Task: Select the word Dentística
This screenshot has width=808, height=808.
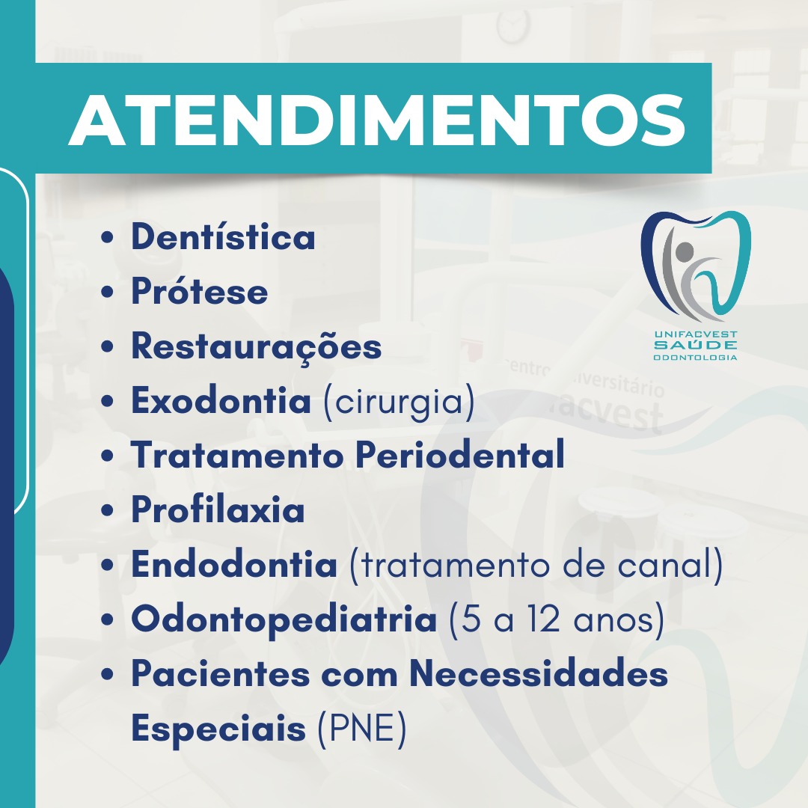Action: tap(223, 236)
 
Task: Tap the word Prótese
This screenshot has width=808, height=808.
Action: tap(200, 290)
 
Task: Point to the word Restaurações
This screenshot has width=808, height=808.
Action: tap(256, 347)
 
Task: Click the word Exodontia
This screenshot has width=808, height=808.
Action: tap(221, 400)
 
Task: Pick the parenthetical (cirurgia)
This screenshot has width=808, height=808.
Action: tap(399, 402)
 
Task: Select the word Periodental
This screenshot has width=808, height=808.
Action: tap(460, 455)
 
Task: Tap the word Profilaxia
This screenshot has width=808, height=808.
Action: tap(218, 509)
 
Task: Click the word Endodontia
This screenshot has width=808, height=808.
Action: tap(234, 564)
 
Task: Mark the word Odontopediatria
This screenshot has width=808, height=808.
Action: tap(284, 619)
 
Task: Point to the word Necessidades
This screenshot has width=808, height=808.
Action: tap(539, 673)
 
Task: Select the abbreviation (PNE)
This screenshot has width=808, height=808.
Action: tap(362, 729)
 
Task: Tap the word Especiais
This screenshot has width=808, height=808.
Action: tap(218, 729)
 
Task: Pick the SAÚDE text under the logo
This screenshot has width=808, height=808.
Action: tap(695, 345)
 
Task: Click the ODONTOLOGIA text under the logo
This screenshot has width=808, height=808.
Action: tap(695, 357)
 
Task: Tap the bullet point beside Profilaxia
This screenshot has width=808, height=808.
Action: tap(107, 510)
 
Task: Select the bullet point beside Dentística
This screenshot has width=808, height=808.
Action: tap(107, 238)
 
